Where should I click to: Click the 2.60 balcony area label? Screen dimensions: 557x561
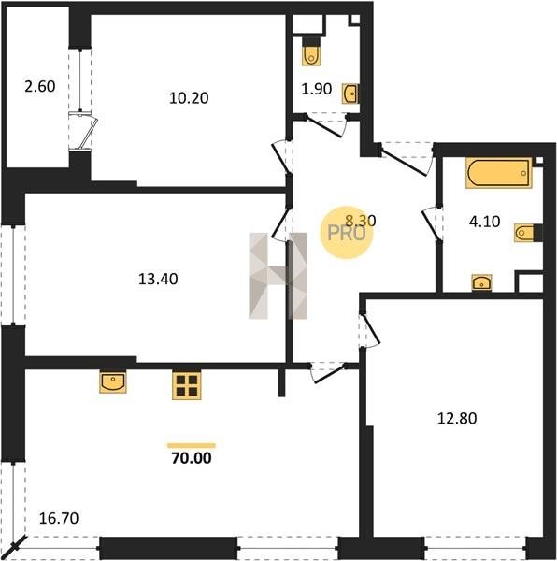click(x=40, y=87)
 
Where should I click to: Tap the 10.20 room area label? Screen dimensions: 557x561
click(x=189, y=98)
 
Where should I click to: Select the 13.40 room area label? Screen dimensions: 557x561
click(x=158, y=279)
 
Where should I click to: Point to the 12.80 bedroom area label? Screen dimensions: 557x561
click(x=457, y=418)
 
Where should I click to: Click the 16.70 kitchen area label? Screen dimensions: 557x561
click(x=59, y=518)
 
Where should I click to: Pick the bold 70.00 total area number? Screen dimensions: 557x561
click(x=192, y=458)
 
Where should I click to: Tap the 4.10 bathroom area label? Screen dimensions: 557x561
click(x=484, y=222)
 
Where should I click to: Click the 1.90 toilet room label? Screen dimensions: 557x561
click(x=317, y=89)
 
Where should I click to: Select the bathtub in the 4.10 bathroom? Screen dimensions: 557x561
click(x=499, y=174)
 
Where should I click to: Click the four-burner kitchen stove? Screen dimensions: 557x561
click(x=186, y=385)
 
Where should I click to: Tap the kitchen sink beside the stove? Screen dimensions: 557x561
click(x=113, y=382)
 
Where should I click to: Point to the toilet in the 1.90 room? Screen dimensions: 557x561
click(x=311, y=51)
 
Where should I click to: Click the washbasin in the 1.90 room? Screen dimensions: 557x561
click(x=350, y=94)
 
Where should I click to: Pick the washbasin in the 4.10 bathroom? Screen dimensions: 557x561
click(x=482, y=283)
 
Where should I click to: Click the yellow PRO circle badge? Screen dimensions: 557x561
click(x=346, y=233)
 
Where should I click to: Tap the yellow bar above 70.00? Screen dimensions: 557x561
click(x=192, y=445)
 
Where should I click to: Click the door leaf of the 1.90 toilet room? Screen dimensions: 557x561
click(x=324, y=126)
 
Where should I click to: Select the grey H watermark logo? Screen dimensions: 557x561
click(x=278, y=276)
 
